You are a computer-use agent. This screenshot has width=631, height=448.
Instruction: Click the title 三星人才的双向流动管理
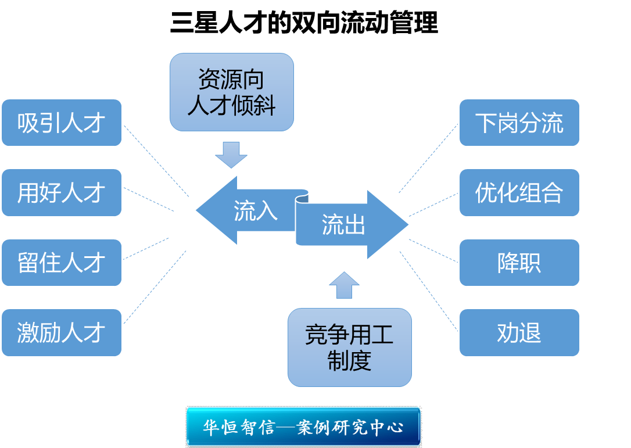[x=303, y=24]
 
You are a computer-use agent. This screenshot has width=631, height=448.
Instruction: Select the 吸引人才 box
[x=62, y=123]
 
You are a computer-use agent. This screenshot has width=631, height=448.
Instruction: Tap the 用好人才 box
[x=62, y=193]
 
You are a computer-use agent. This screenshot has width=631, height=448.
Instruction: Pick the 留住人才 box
[x=62, y=263]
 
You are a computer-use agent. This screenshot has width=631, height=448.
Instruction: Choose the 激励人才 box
[x=62, y=333]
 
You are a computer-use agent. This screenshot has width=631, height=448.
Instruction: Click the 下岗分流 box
[x=519, y=123]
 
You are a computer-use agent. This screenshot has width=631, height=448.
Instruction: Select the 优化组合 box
[x=519, y=193]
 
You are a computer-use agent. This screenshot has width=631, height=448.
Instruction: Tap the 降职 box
[x=519, y=263]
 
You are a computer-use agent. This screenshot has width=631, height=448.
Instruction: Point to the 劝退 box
[x=519, y=333]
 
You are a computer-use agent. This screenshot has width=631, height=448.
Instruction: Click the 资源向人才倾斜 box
[x=231, y=92]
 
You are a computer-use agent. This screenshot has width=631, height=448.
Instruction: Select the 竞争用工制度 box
[x=349, y=347]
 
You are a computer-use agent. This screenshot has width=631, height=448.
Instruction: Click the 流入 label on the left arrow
[x=255, y=211]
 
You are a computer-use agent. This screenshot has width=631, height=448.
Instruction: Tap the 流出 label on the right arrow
[x=343, y=224]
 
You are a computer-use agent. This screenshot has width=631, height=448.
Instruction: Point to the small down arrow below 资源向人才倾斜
[x=231, y=154]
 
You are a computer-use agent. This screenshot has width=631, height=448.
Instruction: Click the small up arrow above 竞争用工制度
[x=344, y=285]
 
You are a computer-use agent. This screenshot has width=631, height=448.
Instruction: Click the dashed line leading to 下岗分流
[x=428, y=158]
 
